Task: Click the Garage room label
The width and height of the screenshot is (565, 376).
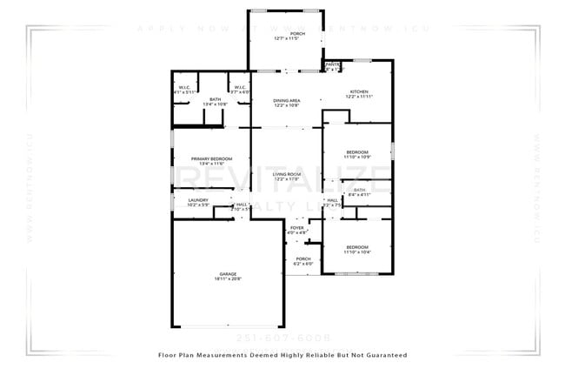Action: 229,274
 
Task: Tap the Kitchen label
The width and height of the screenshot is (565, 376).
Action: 359,91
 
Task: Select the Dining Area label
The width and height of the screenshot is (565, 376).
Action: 287,101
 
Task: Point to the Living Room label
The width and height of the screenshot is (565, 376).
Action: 287,174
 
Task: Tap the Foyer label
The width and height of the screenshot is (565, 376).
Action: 297,228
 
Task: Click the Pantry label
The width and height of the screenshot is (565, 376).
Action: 332,65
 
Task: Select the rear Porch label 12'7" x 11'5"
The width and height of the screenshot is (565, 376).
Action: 287,34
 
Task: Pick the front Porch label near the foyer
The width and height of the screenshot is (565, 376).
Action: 302,258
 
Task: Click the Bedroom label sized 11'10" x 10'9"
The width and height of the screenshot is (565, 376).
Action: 357,152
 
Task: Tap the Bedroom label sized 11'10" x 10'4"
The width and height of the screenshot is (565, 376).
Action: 357,247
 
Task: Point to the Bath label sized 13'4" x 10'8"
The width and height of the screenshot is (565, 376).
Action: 215,99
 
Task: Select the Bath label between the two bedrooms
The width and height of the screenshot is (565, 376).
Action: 359,190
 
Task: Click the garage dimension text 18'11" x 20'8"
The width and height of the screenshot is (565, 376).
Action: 229,279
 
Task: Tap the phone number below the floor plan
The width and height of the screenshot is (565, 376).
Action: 282,338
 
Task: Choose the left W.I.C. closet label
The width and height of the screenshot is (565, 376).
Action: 185,87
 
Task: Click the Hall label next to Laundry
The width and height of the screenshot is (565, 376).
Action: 240,205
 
